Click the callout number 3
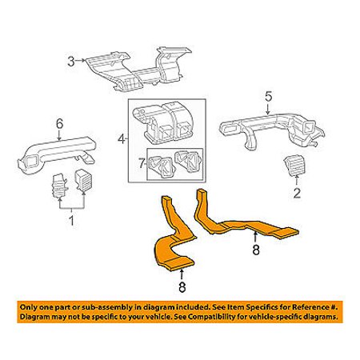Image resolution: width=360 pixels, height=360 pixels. pos(71,62)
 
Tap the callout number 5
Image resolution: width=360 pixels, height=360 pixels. pos(269,97)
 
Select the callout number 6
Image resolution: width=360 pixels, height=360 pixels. pos(59,124)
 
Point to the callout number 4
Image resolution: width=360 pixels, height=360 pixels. pos(122,138)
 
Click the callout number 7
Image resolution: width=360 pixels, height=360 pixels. pos(142,163)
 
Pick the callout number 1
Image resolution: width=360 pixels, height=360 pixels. pos(71,221)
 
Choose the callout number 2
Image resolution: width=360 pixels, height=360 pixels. pos(297,193)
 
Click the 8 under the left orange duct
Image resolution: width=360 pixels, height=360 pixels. pos(182,287)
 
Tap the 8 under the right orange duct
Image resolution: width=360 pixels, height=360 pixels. pos(256,250)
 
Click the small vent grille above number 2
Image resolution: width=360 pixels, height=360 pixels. pos(294,166)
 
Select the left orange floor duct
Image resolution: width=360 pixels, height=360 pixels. pos(174,240)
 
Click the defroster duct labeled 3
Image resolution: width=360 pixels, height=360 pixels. pos(138,70)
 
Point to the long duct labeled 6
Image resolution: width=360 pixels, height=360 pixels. pos(58,154)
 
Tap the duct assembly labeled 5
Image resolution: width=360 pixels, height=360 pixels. pos(272,130)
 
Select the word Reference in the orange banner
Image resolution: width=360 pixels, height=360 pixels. pos(310,307)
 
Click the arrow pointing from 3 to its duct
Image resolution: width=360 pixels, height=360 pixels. pos(79,61)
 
